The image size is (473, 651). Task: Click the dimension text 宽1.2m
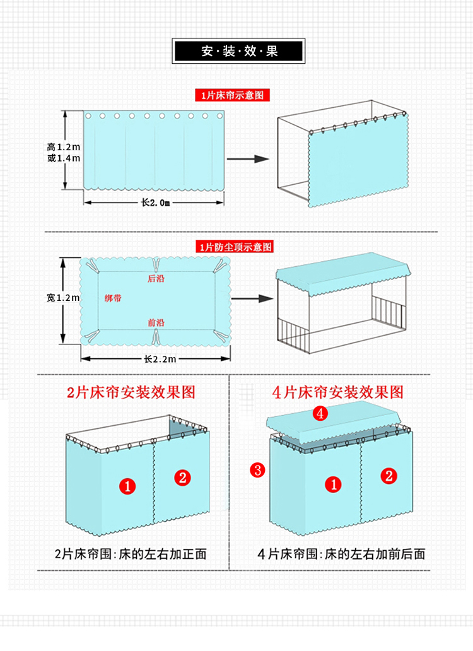click(63, 298)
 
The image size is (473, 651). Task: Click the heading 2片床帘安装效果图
click(131, 392)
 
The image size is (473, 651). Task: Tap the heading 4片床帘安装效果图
click(338, 392)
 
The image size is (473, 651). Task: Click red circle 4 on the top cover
click(321, 414)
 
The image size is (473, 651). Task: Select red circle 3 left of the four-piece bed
click(257, 469)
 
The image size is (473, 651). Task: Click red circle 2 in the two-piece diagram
click(182, 478)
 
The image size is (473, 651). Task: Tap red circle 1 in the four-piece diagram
click(334, 484)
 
